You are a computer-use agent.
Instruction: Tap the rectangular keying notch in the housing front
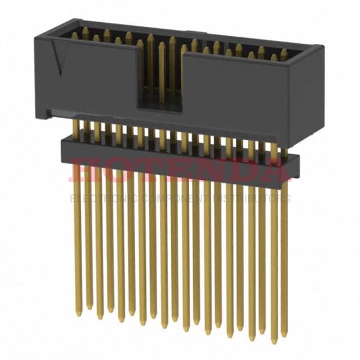pyautogui.click(x=161, y=90)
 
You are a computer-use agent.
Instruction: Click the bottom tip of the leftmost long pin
pyautogui.click(x=78, y=313)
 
